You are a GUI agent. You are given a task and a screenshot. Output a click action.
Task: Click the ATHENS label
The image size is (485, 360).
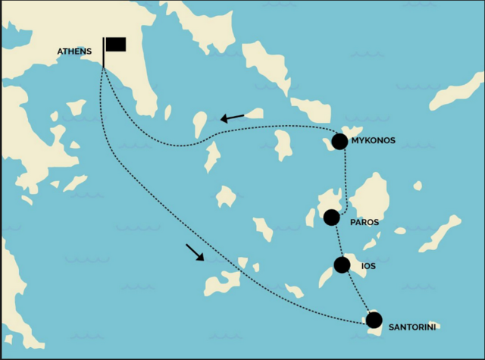[x=74, y=52]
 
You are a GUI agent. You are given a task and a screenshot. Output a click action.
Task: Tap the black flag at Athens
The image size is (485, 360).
[x=116, y=44]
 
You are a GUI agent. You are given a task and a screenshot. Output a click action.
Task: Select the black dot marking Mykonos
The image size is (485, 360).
[x=339, y=141]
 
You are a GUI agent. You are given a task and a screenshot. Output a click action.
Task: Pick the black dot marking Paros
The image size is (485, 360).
[x=331, y=218]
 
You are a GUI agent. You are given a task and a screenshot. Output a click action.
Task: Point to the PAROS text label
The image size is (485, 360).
[x=365, y=223]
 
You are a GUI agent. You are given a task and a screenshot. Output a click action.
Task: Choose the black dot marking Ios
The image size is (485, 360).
[x=342, y=265]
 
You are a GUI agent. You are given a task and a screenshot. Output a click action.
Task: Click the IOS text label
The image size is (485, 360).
[x=368, y=267]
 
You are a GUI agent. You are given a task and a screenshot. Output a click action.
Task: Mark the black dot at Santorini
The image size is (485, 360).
[x=374, y=320]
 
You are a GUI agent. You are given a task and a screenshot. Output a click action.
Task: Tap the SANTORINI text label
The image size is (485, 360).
[x=413, y=327]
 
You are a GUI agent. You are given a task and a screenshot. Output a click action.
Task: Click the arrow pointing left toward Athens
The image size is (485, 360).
[x=233, y=117]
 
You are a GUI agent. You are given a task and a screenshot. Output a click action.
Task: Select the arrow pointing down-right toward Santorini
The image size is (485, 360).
[x=194, y=252]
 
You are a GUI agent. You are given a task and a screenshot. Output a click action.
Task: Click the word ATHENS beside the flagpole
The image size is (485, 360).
[x=74, y=52]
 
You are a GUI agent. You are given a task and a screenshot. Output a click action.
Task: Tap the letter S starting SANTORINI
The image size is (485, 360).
[x=391, y=327]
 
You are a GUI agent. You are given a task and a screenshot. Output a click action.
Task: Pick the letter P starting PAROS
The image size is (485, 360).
[x=353, y=223]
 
